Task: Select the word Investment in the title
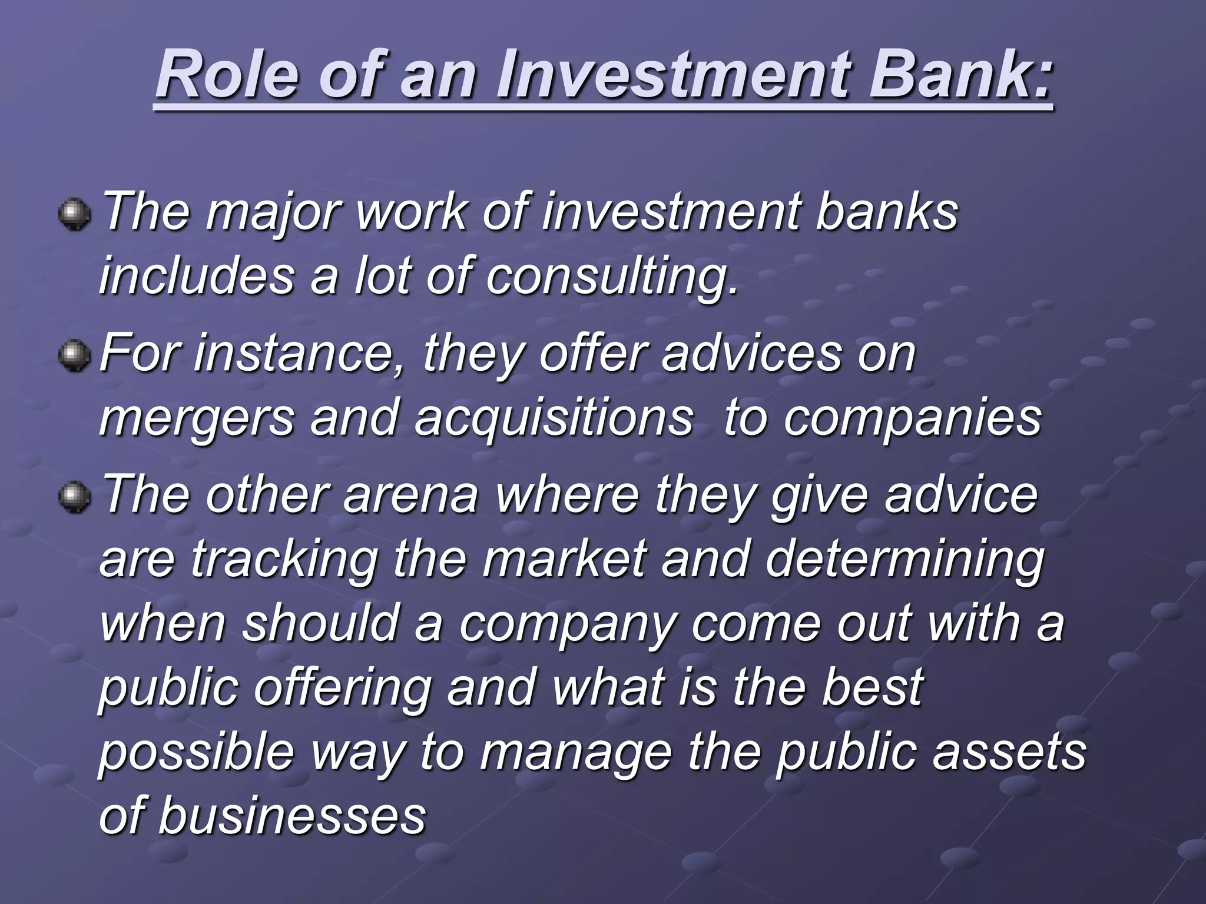point(675,75)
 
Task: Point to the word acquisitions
point(554,418)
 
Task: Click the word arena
point(410,496)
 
